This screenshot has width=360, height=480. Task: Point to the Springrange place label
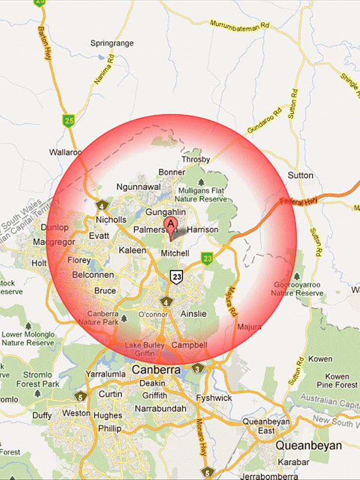pos(112,43)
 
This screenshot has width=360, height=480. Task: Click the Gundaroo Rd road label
pos(264,119)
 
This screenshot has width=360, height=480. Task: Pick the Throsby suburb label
pos(195,159)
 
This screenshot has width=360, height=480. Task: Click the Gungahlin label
pos(165,212)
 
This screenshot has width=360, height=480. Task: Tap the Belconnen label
pos(93,275)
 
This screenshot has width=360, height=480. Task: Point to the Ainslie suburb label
pos(193,313)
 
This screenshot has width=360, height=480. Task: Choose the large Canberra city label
pos(156,370)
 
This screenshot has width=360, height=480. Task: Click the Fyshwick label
pos(213,398)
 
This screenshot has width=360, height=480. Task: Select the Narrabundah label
pos(160,408)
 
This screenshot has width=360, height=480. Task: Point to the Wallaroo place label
pos(65,152)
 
